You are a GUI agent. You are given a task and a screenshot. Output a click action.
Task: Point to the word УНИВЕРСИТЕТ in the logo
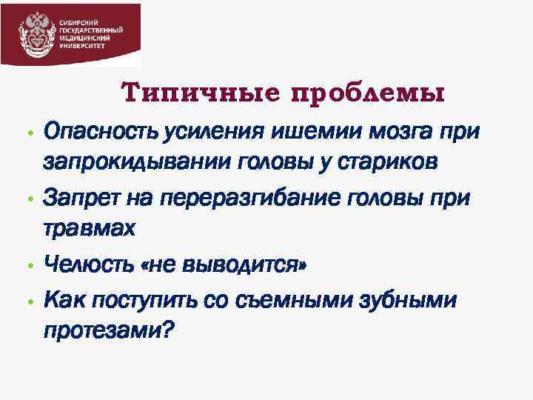[82, 45]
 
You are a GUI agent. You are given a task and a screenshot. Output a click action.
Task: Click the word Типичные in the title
[201, 94]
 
